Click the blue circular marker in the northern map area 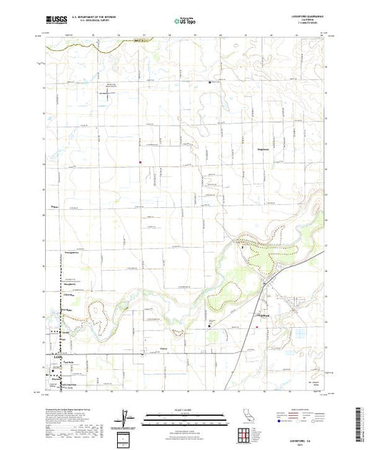click(209, 81)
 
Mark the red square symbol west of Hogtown click(141, 161)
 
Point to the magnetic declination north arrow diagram click(126, 416)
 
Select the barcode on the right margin click(363, 423)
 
